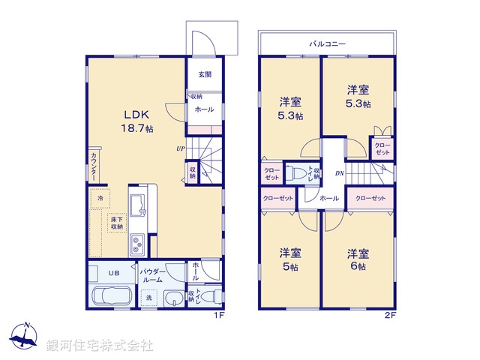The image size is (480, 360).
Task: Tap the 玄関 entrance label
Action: (205, 74)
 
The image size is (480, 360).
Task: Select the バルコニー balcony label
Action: (327, 44)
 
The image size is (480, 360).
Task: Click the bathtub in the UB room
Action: (111, 296)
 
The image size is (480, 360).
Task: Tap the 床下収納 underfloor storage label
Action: (116, 221)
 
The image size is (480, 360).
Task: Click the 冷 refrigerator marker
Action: (100, 197)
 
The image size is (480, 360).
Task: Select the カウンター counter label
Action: (93, 165)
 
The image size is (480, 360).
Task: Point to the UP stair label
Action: (181, 148)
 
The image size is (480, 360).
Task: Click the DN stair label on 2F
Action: (339, 174)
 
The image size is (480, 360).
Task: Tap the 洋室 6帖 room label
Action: (357, 259)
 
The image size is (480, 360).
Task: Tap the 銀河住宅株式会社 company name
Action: (99, 345)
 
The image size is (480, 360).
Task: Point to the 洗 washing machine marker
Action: (149, 297)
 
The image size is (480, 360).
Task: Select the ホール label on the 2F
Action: (328, 199)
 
